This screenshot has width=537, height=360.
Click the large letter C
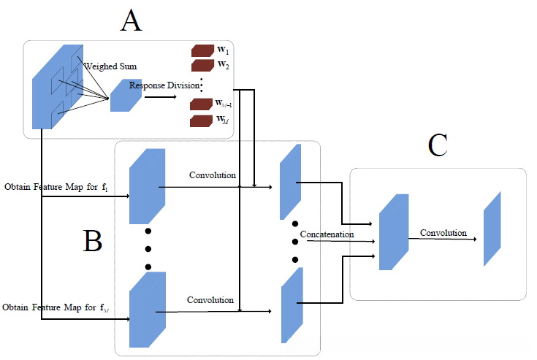[x=438, y=145]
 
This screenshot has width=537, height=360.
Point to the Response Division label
[x=164, y=85]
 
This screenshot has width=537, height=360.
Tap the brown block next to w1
[x=201, y=51]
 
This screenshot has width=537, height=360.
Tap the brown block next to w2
[x=201, y=66]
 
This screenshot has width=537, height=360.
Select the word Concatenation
[x=327, y=234]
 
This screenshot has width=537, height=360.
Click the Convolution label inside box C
[x=443, y=233]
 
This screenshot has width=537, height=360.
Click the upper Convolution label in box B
[x=213, y=175]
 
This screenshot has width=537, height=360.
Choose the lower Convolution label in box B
[x=210, y=300]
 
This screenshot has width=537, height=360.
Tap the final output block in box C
[x=492, y=229]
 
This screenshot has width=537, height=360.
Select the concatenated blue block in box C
[x=393, y=232]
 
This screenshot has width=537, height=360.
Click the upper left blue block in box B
[x=144, y=186]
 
